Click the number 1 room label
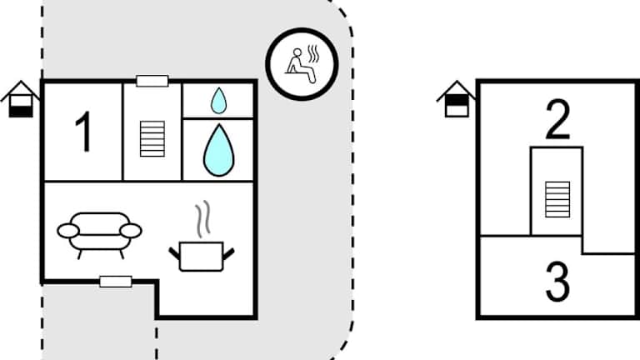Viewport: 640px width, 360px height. pyautogui.click(x=83, y=132)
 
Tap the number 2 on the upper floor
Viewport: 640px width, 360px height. pyautogui.click(x=557, y=121)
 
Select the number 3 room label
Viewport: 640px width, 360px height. pyautogui.click(x=557, y=283)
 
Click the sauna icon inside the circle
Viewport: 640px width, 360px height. pyautogui.click(x=302, y=63)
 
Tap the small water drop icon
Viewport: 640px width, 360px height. pyautogui.click(x=218, y=102)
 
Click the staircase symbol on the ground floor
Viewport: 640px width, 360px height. pyautogui.click(x=152, y=138)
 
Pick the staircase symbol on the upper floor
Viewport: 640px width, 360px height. pyautogui.click(x=557, y=199)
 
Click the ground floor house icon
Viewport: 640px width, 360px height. pyautogui.click(x=21, y=99)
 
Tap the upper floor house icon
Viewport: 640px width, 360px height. pyautogui.click(x=456, y=99)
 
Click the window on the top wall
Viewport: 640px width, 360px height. pyautogui.click(x=152, y=81)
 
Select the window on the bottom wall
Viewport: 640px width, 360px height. pyautogui.click(x=115, y=282)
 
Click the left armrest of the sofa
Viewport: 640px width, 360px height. pyautogui.click(x=67, y=230)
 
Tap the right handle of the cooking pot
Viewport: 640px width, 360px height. pyautogui.click(x=228, y=251)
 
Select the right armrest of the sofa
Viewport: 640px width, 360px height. pyautogui.click(x=131, y=230)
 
